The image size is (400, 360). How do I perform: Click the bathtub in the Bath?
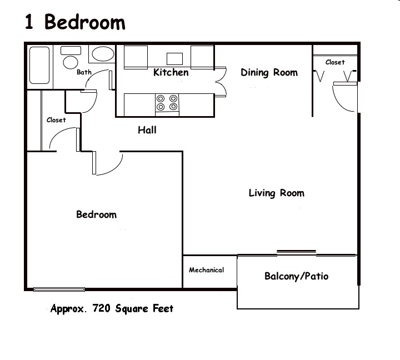coord(39,65)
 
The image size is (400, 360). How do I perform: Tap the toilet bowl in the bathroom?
coord(71,62)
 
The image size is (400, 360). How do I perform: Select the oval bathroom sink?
coord(103,54)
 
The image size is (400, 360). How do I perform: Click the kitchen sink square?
coord(175,59)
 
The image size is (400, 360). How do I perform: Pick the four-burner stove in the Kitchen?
coord(167,104)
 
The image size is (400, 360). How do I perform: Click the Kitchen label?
coord(171,72)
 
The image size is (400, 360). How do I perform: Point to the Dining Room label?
coord(269,72)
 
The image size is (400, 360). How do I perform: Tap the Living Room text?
coord(277,193)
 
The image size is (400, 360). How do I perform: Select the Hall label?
coord(147,130)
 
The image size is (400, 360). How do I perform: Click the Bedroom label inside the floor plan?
coord(97,214)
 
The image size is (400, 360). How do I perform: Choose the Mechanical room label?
coord(206,270)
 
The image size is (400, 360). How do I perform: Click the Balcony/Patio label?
coord(297,276)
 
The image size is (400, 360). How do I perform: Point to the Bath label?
coord(84,72)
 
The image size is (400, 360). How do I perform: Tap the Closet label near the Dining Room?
coord(335,62)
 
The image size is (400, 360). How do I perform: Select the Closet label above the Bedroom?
coord(56,120)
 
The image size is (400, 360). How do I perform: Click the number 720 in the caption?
coord(102,308)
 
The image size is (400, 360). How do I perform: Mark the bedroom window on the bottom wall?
coord(59,289)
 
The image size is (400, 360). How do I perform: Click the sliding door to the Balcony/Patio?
coord(297,253)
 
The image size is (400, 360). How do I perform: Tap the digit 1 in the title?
coord(29,22)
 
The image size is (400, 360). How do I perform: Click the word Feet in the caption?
coord(163,308)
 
